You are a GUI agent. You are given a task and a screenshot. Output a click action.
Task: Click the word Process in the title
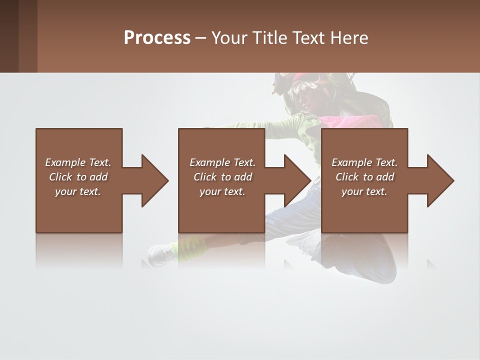click(x=157, y=37)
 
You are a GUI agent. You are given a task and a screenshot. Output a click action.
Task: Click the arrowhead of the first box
click(x=154, y=180)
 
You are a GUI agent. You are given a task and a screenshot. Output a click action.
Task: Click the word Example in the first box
click(x=65, y=162)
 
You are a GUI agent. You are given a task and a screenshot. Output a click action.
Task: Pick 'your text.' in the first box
click(x=78, y=191)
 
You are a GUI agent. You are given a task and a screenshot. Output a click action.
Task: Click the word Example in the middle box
click(x=210, y=162)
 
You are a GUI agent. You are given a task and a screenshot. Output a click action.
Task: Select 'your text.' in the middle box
click(x=222, y=191)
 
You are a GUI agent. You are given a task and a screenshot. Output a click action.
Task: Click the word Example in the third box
click(x=352, y=162)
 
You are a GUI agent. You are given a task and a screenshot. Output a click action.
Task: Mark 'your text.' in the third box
click(x=364, y=191)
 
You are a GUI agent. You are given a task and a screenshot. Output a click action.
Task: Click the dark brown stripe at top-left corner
click(x=9, y=36)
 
